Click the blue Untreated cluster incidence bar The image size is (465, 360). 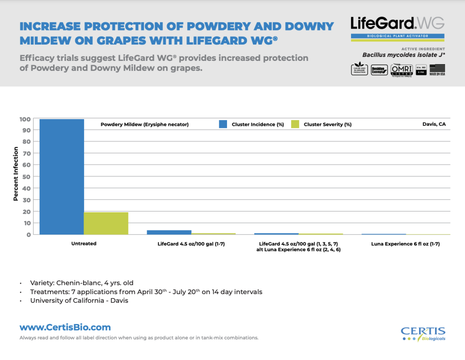pos(62,177)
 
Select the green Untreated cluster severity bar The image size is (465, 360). pos(106,223)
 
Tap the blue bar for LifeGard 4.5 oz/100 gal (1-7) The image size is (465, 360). pos(169,232)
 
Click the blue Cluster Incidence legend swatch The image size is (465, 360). pos(223,124)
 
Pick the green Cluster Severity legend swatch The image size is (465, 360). pos(295,124)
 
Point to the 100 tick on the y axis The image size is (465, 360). pos(25,119)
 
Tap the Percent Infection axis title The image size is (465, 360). pos(16,174)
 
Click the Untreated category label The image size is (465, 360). pos(84,244)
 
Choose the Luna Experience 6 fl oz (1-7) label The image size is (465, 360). pos(406,244)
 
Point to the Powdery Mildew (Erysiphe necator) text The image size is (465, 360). pos(144,124)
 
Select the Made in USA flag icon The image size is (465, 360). pos(437,70)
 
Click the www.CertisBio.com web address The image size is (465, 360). pos(65,327)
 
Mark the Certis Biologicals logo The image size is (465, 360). pos(423,333)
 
